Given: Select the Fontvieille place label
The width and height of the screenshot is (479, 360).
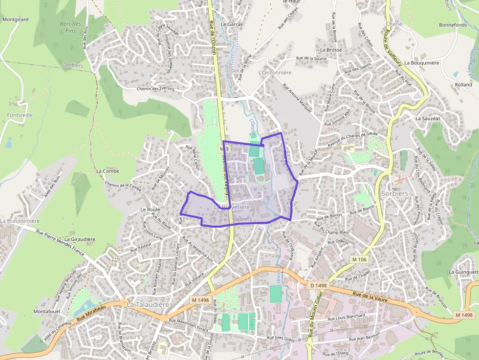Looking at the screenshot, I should coord(20,115).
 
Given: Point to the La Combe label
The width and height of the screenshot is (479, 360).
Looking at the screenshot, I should coord(108,171).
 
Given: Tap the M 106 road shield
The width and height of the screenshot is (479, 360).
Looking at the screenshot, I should coord(359,259).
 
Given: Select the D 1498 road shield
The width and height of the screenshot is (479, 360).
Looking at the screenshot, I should coord(319,285).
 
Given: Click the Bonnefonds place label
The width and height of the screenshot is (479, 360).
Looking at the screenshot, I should coord(453,25).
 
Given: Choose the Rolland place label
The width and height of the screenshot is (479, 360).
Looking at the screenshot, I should coord(463,85).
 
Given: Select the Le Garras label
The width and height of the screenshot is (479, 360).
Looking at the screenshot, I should coord(232,23).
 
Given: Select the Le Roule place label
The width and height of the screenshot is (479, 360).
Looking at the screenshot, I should coord(150,209).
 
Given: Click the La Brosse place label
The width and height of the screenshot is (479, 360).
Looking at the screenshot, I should coord(331,50).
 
